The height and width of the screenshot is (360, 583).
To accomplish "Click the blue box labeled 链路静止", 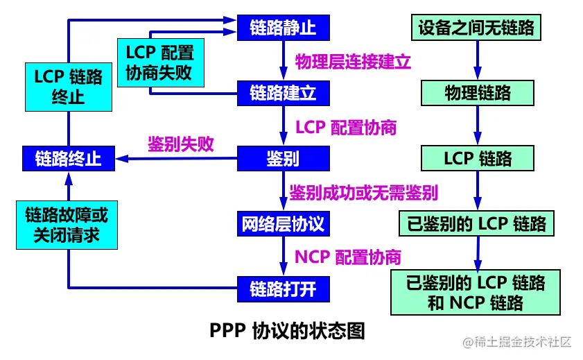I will pyautogui.click(x=283, y=28).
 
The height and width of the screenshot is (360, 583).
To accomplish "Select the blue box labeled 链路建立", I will pyautogui.click(x=283, y=93).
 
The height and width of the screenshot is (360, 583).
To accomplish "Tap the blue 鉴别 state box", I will pyautogui.click(x=283, y=158).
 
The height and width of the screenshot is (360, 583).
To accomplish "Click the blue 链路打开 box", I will pyautogui.click(x=283, y=288).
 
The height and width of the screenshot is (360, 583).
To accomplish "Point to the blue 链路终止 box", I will pyautogui.click(x=69, y=158).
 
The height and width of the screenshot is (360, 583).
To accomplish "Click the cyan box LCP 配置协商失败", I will pyautogui.click(x=159, y=61).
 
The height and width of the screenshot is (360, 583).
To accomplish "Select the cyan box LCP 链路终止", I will pyautogui.click(x=68, y=86).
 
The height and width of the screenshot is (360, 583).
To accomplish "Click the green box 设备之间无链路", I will pyautogui.click(x=477, y=28).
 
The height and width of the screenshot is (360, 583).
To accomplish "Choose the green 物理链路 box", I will pyautogui.click(x=478, y=93).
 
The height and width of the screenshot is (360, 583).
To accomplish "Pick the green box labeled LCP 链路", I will pyautogui.click(x=478, y=158).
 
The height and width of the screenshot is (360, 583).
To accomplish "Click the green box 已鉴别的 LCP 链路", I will pyautogui.click(x=476, y=223).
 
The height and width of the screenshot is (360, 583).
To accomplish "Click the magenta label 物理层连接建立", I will pyautogui.click(x=354, y=61).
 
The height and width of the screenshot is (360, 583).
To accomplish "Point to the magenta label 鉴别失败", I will pyautogui.click(x=180, y=144).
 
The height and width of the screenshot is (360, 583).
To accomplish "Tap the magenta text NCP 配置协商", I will pyautogui.click(x=347, y=257).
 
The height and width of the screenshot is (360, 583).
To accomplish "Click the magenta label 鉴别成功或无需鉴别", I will pyautogui.click(x=363, y=191).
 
